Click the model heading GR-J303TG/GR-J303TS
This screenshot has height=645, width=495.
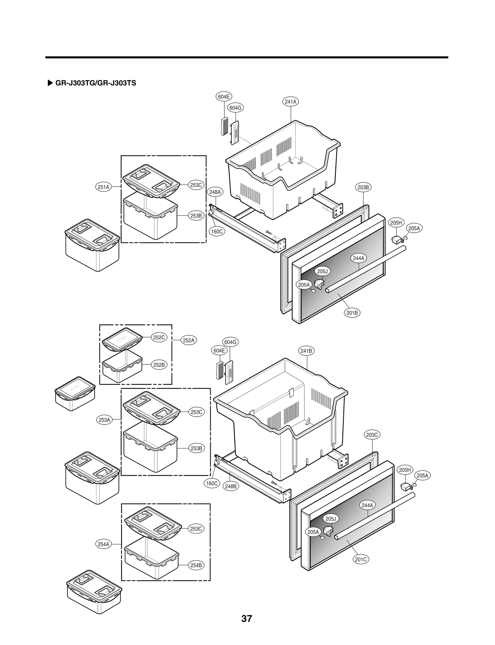point(96,83)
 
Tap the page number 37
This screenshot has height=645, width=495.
point(247,619)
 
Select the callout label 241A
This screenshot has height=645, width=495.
point(290,102)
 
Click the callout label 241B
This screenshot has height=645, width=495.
point(306,351)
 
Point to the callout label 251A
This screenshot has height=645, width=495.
point(103,187)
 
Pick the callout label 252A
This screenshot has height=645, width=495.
point(188,340)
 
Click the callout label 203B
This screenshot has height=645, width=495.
point(363,187)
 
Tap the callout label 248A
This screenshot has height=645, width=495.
point(215,192)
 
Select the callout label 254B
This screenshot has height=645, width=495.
point(196,565)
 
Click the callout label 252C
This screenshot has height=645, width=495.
point(159,337)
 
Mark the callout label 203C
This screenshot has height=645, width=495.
point(372,435)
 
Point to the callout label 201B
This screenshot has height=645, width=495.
point(352,313)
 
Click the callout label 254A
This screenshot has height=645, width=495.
point(103,544)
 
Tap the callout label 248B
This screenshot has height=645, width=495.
point(230,486)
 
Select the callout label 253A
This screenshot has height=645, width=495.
point(104,420)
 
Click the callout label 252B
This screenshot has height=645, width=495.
point(159,365)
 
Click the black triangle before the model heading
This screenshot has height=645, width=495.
point(50,83)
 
